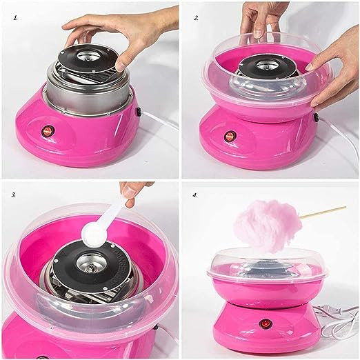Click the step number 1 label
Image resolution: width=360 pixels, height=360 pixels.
coord(16,18)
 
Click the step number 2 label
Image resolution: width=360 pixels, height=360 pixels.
coord(196,18)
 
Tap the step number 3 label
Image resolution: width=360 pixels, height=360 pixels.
coord(14,195)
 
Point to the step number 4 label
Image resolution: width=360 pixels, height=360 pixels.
coord(195,196)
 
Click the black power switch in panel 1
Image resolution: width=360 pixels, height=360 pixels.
coord(138,112)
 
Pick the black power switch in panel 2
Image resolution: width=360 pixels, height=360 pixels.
coord(317,117)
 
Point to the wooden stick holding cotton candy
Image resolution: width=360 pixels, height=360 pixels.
coord(323,212)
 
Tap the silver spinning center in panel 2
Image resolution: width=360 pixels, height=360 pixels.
coord(268,66)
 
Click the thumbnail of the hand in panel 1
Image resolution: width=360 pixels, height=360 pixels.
coord(119,66)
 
